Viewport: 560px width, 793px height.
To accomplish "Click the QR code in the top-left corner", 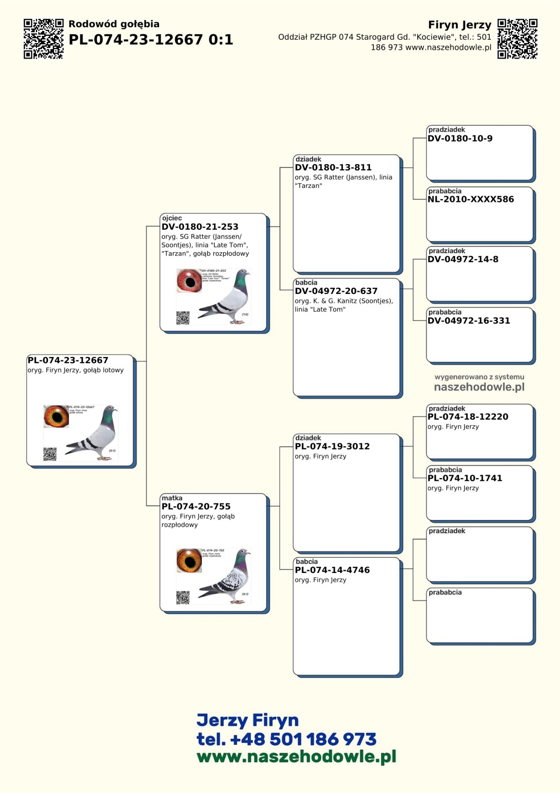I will (x=43, y=39).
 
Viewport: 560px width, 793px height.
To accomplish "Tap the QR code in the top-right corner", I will (x=517, y=39).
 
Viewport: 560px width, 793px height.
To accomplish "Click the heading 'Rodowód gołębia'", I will (x=114, y=24).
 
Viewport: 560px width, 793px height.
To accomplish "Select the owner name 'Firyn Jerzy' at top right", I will (x=459, y=25).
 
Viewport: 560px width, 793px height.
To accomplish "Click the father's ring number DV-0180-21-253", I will (x=200, y=227).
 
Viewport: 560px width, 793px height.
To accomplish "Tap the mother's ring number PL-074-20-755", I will (x=196, y=507).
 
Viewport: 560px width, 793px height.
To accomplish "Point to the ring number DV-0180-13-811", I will (x=333, y=167).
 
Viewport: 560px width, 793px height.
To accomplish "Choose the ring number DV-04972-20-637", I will (x=336, y=291).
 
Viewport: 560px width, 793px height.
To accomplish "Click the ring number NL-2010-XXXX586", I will (x=470, y=199).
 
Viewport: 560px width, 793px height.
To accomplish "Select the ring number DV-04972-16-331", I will (x=469, y=321).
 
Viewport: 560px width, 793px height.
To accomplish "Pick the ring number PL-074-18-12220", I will (x=468, y=417).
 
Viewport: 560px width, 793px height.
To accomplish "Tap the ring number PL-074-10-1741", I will (x=465, y=478).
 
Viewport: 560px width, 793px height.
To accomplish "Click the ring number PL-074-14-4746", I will (x=332, y=570).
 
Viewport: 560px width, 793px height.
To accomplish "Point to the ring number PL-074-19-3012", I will (x=332, y=446).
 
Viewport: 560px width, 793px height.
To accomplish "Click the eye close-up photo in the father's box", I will (x=189, y=280).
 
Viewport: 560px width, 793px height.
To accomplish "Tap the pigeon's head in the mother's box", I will (x=242, y=555).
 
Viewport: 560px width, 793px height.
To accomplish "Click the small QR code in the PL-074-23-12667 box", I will (x=50, y=454).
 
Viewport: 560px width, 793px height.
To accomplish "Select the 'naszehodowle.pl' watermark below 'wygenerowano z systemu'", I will (x=479, y=387).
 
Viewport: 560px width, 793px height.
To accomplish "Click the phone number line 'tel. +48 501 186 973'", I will (x=286, y=739).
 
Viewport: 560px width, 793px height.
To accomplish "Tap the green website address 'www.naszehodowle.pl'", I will (x=296, y=757).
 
